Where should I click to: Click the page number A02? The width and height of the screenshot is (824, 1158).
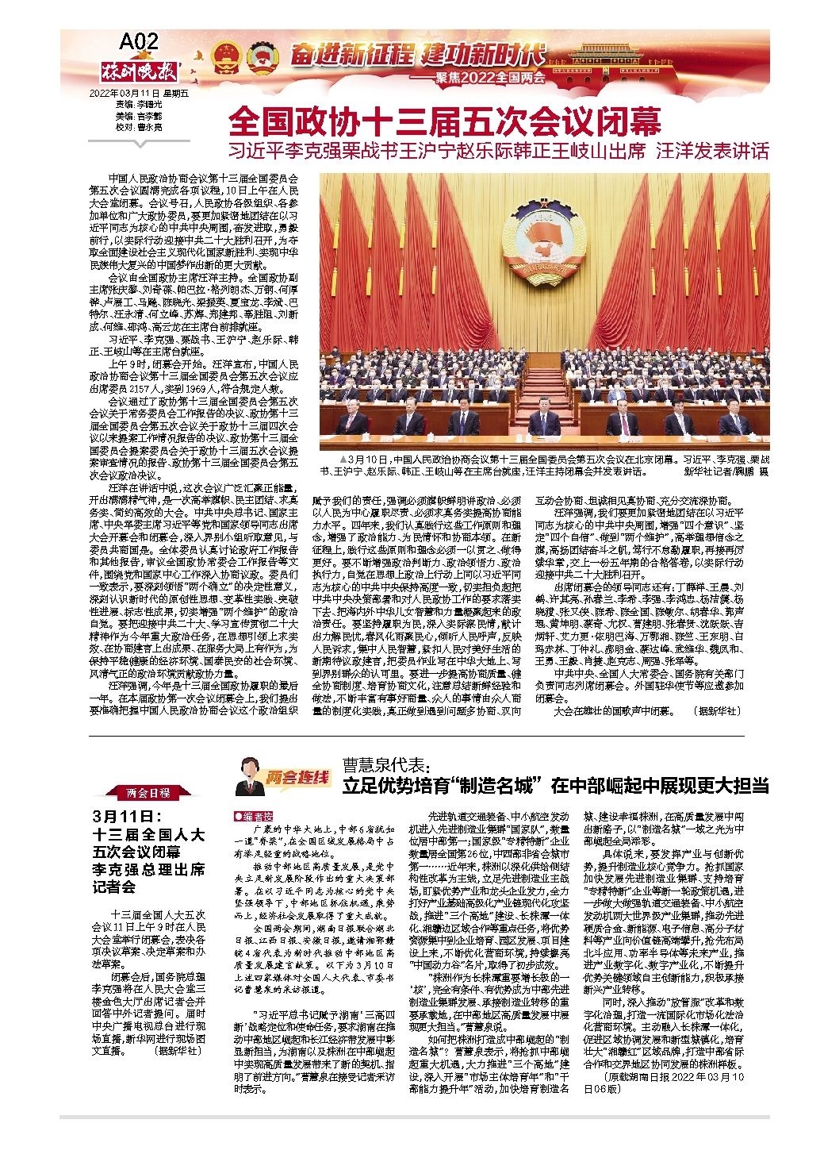click(140, 40)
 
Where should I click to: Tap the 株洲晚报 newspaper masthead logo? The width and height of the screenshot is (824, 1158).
click(142, 69)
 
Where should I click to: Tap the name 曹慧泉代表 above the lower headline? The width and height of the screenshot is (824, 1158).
click(385, 767)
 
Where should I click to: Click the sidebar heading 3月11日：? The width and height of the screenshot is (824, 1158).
click(127, 816)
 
